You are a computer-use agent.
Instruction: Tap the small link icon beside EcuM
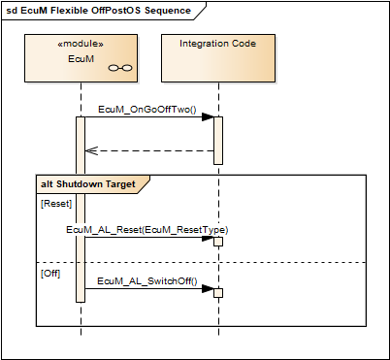pyautogui.click(x=119, y=68)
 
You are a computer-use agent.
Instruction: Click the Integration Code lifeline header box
pyautogui.click(x=218, y=58)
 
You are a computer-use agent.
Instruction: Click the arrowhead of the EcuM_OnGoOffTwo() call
pyautogui.click(x=208, y=117)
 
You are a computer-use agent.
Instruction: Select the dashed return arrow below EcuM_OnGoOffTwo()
pyautogui.click(x=150, y=150)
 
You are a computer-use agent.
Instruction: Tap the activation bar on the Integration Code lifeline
pyautogui.click(x=218, y=141)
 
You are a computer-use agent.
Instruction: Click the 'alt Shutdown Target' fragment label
pyautogui.click(x=94, y=183)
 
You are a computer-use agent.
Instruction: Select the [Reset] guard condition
pyautogui.click(x=56, y=204)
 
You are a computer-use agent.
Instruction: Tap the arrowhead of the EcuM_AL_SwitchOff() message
pyautogui.click(x=208, y=289)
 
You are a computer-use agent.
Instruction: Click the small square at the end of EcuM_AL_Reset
pyautogui.click(x=219, y=242)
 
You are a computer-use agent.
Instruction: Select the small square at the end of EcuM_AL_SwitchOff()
pyautogui.click(x=219, y=293)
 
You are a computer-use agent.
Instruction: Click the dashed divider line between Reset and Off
pyautogui.click(x=291, y=262)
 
